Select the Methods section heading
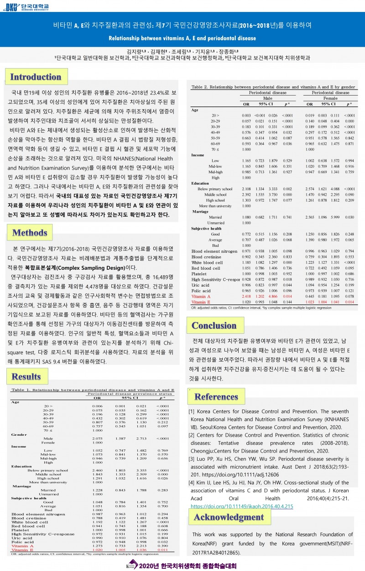pos(30,233)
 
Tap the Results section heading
pos(26,376)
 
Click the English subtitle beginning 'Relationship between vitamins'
pos(182,38)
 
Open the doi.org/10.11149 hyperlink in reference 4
pos(241,506)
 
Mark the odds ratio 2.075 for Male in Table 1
pos(97,438)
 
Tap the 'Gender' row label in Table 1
pos(19,434)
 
